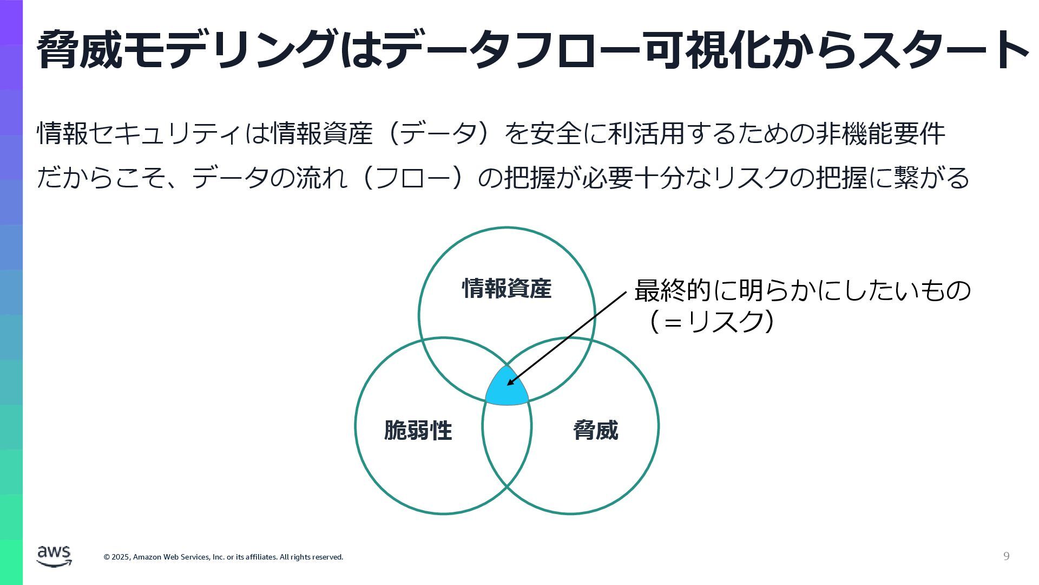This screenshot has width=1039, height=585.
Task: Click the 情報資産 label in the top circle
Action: [507, 289]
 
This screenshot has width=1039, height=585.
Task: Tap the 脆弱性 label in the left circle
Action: [418, 431]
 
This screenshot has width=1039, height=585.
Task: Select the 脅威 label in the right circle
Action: [595, 431]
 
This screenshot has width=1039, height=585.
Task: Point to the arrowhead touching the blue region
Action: [510, 383]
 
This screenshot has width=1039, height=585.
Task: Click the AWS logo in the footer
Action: [54, 556]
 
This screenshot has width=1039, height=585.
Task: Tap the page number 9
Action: [1006, 556]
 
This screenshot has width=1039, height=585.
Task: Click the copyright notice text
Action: [223, 557]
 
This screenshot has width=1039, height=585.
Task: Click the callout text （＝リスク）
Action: [711, 322]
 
